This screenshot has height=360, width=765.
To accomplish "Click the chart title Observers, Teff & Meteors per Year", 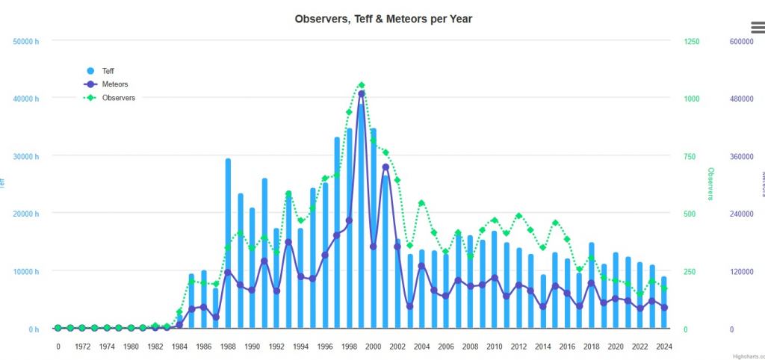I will (383, 19).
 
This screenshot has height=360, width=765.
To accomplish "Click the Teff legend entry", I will (108, 71).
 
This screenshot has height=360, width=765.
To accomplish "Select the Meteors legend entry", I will (114, 84).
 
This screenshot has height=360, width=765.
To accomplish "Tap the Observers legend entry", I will (118, 98).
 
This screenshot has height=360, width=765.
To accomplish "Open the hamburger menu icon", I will (758, 28).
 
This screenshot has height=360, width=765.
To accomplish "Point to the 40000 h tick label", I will (24, 99).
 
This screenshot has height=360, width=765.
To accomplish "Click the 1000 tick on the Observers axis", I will (691, 99).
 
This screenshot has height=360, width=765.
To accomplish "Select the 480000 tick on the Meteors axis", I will (741, 99).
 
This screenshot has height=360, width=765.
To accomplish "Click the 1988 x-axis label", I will (228, 347).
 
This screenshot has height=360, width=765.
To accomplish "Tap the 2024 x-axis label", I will (663, 347).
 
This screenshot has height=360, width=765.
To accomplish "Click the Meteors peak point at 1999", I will (362, 94).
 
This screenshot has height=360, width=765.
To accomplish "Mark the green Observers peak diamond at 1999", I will (362, 85).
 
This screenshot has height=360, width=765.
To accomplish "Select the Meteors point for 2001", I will (385, 167).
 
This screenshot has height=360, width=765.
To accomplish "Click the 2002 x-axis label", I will (397, 347).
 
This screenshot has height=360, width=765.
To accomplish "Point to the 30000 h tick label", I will (24, 156).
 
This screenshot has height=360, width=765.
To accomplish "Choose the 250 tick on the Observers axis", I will (690, 272).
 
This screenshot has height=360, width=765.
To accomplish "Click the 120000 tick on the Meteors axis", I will (741, 272).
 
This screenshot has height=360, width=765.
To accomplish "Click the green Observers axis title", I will (710, 184).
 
